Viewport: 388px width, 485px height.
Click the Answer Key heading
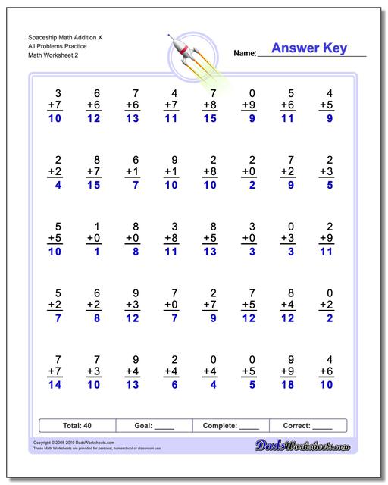click(309, 48)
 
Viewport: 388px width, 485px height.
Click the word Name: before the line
click(245, 53)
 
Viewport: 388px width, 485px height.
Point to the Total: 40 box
click(77, 426)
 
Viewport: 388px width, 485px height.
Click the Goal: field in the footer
click(154, 426)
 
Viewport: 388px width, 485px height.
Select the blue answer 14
click(54, 385)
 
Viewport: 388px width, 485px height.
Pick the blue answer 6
click(175, 385)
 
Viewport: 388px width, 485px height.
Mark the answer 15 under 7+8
click(211, 119)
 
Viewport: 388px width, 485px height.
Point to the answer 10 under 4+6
click(326, 385)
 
